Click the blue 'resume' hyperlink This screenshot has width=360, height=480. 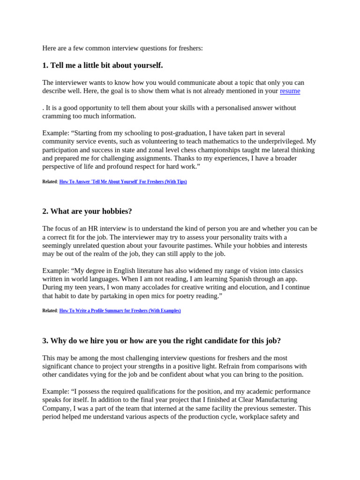(290, 91)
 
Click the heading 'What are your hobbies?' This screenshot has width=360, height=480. (87, 211)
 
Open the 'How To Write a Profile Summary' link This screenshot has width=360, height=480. (120, 310)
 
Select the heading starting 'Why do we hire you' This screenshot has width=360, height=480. (161, 341)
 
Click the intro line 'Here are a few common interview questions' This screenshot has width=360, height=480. (122, 48)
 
